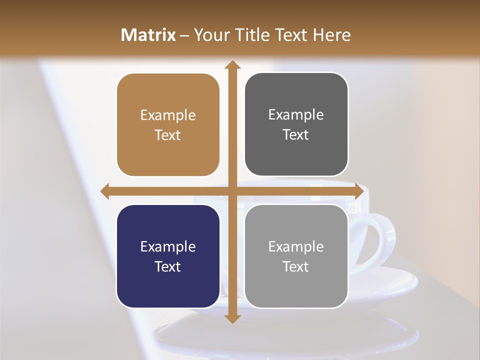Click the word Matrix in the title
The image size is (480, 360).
pyautogui.click(x=148, y=35)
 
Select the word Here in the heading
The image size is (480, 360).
pyautogui.click(x=331, y=35)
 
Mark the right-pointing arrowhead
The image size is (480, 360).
pyautogui.click(x=359, y=191)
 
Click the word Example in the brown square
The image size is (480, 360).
pyautogui.click(x=168, y=115)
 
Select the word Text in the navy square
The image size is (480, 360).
pyautogui.click(x=168, y=266)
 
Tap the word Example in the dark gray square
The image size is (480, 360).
pyautogui.click(x=296, y=115)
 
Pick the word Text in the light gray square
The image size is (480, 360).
pyautogui.click(x=296, y=266)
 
